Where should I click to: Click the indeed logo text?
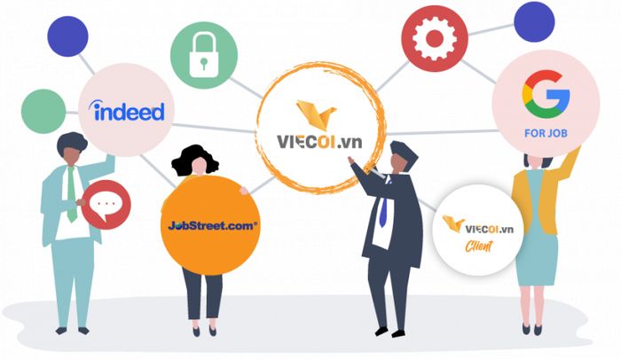tap(127, 111)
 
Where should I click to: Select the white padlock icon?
tap(203, 55)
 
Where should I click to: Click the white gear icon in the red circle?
tap(435, 38)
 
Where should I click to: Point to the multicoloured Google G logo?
tap(546, 94)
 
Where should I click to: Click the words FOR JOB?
tap(546, 133)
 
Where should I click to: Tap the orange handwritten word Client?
tap(479, 247)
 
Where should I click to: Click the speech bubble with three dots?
tap(105, 205)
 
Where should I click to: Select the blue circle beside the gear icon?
tap(534, 22)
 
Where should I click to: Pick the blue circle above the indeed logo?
tap(67, 36)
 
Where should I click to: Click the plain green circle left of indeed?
tap(43, 112)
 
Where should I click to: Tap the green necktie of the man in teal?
tap(71, 194)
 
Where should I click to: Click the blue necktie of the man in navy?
tap(383, 213)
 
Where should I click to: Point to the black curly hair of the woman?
tap(194, 159)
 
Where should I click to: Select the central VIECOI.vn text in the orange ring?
tap(319, 141)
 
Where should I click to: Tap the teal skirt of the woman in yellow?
tap(537, 246)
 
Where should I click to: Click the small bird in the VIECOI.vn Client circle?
tap(453, 223)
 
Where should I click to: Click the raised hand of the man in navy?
tap(351, 160)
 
